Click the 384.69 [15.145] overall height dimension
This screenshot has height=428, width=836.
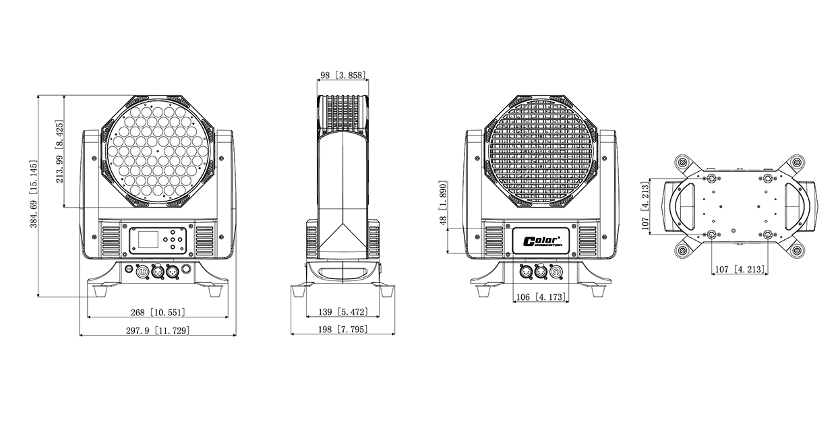click(34, 194)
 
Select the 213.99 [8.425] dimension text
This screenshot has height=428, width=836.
click(59, 151)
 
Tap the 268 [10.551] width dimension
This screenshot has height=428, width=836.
click(158, 312)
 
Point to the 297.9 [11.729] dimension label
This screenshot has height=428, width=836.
click(158, 330)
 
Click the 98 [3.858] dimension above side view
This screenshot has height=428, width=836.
click(342, 75)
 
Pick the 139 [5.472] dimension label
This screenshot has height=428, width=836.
click(342, 311)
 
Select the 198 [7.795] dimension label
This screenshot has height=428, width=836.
click(342, 329)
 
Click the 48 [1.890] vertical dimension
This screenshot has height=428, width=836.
click(443, 203)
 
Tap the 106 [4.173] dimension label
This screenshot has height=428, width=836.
click(541, 297)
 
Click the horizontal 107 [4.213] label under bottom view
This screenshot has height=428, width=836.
click(740, 269)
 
